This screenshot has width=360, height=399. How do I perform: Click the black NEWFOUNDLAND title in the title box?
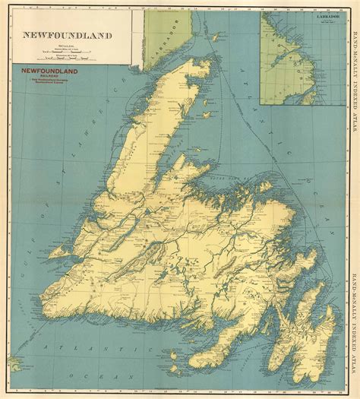(66, 35)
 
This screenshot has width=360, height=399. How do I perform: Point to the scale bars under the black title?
(65, 55)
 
